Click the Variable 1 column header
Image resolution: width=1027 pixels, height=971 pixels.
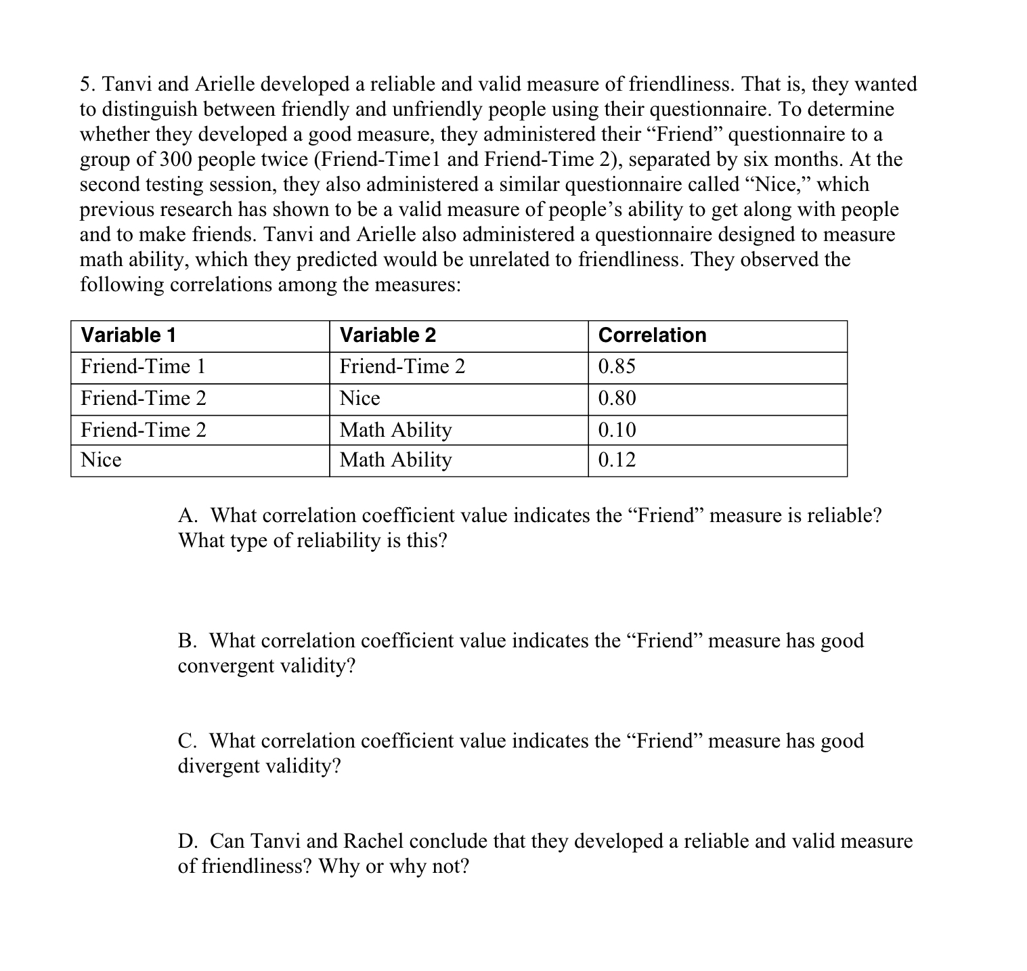tap(128, 335)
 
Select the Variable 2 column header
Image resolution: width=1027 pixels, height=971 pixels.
tap(387, 335)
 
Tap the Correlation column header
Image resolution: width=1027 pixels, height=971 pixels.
tap(652, 335)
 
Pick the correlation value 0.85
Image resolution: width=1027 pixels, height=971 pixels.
tap(617, 366)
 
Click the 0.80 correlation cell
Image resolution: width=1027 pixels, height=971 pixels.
tap(617, 398)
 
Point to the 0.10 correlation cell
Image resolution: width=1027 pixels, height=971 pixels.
tap(617, 430)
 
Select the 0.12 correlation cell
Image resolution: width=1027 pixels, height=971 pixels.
tap(617, 460)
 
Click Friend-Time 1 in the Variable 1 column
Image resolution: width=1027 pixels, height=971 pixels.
tap(143, 366)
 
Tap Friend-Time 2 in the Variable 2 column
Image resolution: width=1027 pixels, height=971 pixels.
tap(402, 366)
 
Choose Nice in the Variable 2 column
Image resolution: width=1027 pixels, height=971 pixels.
tap(359, 398)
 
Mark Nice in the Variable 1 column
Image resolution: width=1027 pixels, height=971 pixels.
tap(101, 460)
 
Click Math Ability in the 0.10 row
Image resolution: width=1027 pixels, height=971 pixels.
tap(395, 430)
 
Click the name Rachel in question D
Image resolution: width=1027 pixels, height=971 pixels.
tap(373, 841)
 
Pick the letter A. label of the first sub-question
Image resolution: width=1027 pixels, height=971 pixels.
tap(188, 516)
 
